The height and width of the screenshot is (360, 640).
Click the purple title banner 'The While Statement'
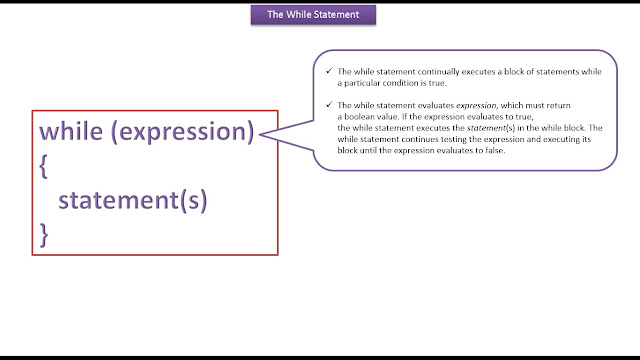313,15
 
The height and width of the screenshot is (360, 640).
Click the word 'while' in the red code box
71,131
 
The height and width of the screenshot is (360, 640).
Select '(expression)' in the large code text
182,133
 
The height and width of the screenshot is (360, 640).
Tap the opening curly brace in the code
43,166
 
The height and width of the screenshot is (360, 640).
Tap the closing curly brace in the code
44,235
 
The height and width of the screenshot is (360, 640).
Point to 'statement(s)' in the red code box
133,200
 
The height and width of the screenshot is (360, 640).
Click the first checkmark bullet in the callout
329,71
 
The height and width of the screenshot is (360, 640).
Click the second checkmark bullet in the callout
329,105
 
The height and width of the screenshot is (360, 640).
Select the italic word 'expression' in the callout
477,106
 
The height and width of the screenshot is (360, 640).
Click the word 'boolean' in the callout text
358,117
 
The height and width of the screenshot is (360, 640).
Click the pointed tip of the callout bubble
260,134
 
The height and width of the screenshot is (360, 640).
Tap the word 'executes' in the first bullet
478,72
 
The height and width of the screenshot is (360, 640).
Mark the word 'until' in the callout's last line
368,150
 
